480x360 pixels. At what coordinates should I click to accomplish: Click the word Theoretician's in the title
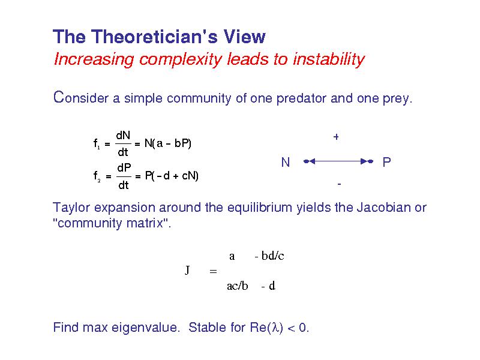155,37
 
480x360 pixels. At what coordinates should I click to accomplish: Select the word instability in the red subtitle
329,59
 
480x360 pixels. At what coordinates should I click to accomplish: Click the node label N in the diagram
286,162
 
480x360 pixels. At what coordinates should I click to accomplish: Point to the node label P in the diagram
386,162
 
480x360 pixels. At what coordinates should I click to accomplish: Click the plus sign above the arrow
336,137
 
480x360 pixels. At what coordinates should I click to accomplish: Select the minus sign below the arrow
339,184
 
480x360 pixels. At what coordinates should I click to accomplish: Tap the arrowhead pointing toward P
364,161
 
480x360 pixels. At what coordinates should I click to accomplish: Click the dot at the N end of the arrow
305,161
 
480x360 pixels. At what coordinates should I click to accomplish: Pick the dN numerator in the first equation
123,136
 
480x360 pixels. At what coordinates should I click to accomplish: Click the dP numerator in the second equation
124,168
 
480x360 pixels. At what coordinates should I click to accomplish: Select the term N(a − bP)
168,143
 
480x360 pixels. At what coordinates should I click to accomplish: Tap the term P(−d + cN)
172,176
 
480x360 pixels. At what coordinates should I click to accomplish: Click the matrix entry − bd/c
269,256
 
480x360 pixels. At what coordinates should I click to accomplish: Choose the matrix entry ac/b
238,286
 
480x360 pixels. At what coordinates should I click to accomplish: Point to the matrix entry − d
268,286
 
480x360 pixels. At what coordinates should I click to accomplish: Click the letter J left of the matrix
187,270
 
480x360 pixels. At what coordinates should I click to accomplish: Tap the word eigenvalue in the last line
145,328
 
